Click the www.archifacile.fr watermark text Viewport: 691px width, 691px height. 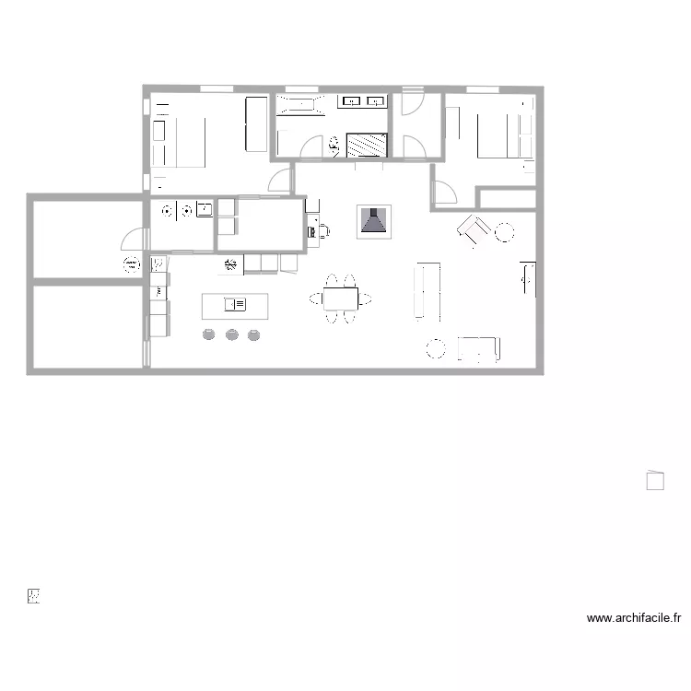tap(633, 619)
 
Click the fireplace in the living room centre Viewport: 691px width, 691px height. tap(374, 221)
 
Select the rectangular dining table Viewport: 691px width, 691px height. tap(341, 299)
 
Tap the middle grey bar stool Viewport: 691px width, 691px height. tap(230, 334)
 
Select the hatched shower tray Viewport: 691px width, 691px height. tap(366, 144)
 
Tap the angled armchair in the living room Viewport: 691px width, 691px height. tap(474, 229)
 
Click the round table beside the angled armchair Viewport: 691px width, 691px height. tap(503, 233)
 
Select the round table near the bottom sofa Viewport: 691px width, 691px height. tap(435, 348)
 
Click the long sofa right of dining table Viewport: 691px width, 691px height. tap(427, 290)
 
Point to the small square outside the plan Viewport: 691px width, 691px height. tap(655, 480)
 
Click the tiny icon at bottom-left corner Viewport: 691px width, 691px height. tap(34, 596)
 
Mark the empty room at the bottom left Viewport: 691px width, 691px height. tap(88, 326)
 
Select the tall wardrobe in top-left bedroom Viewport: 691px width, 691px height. tap(255, 124)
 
